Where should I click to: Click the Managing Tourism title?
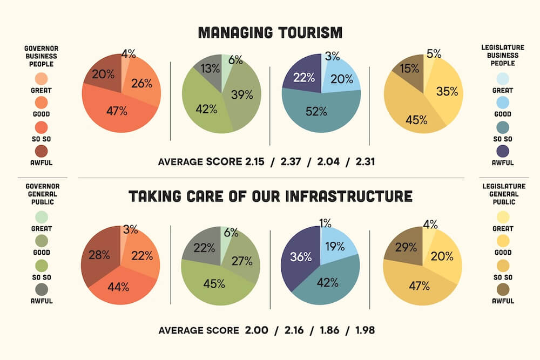coord(270,33)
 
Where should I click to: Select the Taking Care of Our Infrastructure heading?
coord(270,195)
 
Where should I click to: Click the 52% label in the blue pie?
coord(316,112)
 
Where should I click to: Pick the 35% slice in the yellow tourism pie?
coord(447,92)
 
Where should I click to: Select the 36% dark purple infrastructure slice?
coord(301,257)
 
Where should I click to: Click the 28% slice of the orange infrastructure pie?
coord(99,255)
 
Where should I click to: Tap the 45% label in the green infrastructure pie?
coord(214,284)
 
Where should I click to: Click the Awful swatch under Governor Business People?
coord(42,151)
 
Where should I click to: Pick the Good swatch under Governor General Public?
coord(42,241)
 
